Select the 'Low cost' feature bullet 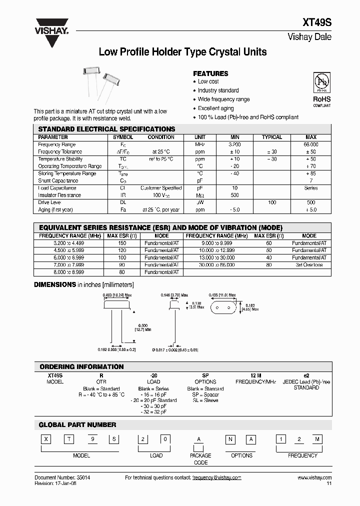(x=208, y=81)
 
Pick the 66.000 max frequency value (x=310, y=144)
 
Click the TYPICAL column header (x=272, y=137)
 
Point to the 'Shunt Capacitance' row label (x=58, y=180)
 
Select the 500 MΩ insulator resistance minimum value (x=235, y=195)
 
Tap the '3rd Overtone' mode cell (x=309, y=265)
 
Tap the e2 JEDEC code (x=306, y=374)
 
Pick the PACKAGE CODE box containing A (x=199, y=440)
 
